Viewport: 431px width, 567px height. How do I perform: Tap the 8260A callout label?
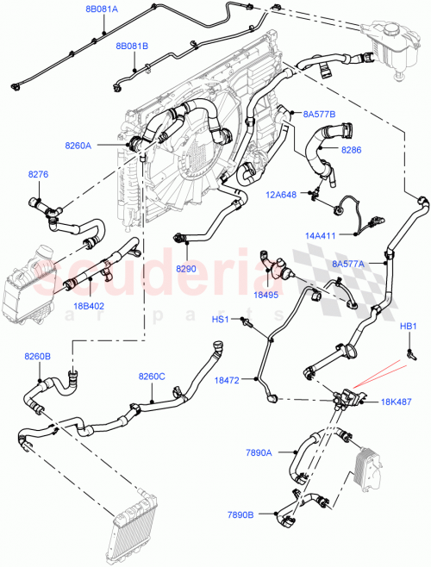78,146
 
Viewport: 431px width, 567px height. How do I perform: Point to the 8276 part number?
39,175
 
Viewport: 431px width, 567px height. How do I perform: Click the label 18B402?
89,305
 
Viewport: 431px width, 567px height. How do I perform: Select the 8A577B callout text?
319,114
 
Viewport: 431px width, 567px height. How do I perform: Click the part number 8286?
353,150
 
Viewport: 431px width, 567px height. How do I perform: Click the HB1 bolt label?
409,327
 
